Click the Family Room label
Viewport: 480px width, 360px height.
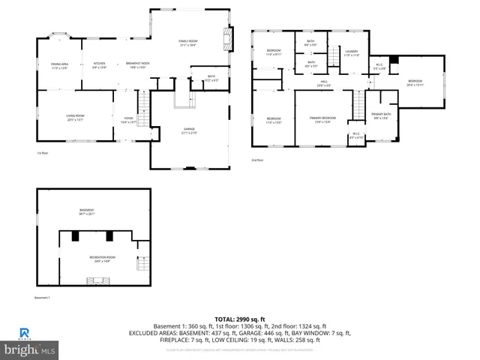187,42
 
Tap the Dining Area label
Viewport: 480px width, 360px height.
60,65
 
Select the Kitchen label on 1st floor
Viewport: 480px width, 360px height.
99,65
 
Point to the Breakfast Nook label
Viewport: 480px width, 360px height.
137,65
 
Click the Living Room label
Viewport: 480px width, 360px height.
75,117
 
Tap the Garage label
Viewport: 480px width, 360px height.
189,130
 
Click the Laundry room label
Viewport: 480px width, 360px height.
352,53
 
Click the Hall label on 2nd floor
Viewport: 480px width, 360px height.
325,83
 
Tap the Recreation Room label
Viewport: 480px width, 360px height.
103,259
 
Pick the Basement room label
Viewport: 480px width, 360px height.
88,211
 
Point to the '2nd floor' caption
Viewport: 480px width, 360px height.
258,160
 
